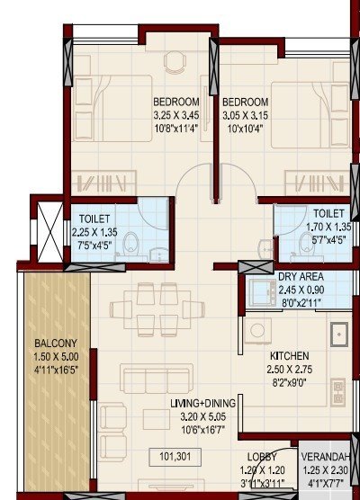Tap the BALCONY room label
pos(56,343)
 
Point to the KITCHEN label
pos(289,355)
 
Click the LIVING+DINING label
pos(202,415)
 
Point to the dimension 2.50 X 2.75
pos(290,369)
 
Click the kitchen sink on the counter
pos(339,335)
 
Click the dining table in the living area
pos(157,308)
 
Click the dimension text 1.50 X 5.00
pos(56,355)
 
